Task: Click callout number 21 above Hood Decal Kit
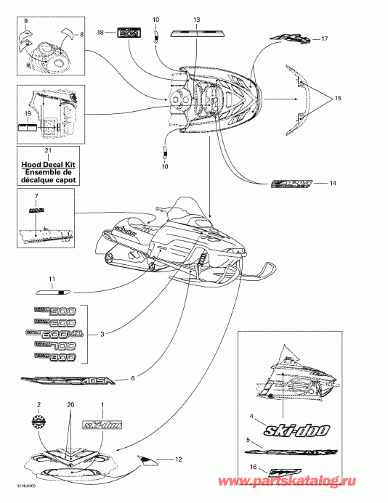(48, 150)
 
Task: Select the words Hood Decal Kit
(48, 165)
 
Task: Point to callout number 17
(325, 38)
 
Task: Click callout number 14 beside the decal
(333, 184)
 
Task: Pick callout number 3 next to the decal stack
(102, 334)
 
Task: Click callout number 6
(133, 378)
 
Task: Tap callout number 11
(52, 279)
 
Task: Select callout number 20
(71, 404)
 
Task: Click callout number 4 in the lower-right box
(251, 416)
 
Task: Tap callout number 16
(252, 469)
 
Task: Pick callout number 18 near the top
(101, 33)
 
